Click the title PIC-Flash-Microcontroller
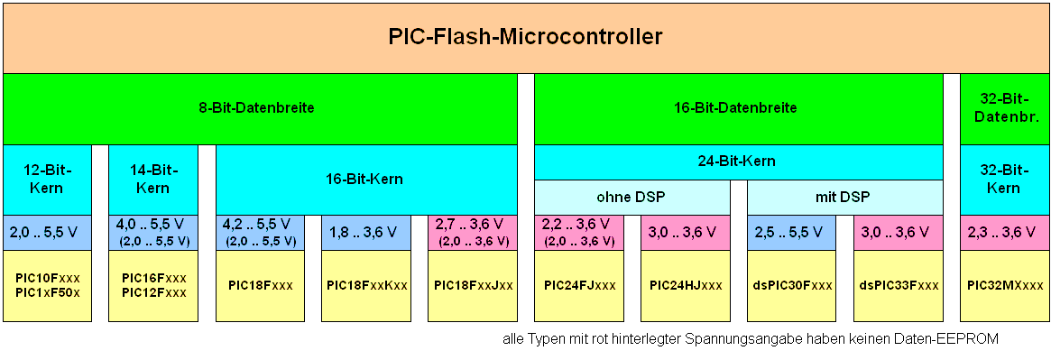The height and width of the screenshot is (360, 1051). pos(525,37)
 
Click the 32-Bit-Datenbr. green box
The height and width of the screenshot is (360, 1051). pos(1003,108)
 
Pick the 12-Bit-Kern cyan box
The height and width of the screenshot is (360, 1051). pos(47,179)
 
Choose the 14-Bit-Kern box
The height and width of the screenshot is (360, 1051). pos(152,179)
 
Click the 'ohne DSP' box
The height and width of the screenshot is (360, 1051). pos(632,197)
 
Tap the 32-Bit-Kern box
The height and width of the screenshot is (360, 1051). pos(1003,179)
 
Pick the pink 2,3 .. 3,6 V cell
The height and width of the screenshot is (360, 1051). pos(1003,232)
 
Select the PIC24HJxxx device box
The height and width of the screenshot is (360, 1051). pos(685,285)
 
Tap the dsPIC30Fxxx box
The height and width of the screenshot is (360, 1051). pos(791,285)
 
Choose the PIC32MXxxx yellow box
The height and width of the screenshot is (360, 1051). pos(1003,285)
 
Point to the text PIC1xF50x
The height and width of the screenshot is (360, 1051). pos(47,292)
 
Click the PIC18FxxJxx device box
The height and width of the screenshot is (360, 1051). pos(473,285)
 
